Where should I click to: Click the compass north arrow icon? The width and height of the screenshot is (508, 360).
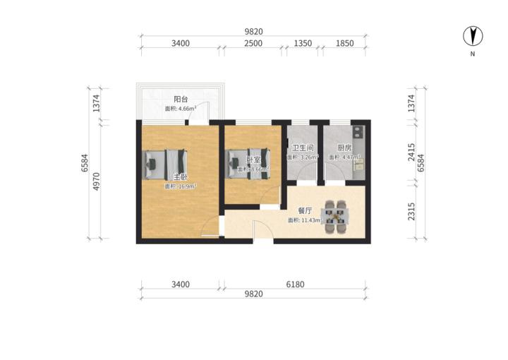point(473,36)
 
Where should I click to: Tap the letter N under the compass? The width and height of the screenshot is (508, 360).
point(473,54)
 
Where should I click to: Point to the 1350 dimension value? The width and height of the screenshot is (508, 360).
point(302,43)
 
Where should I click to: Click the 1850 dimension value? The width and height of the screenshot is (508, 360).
point(344,43)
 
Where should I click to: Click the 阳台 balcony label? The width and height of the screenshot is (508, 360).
point(181,100)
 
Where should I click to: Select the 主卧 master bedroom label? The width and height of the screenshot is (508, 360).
point(180,176)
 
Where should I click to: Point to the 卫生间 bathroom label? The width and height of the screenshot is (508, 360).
point(303,148)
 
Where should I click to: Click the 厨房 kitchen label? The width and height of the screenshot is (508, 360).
point(344,148)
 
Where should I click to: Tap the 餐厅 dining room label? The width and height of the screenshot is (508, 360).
point(305,210)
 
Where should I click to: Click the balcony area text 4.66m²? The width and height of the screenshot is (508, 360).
point(181,109)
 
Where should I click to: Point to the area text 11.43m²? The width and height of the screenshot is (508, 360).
point(305,220)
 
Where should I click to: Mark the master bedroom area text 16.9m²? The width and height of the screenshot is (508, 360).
point(181,186)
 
